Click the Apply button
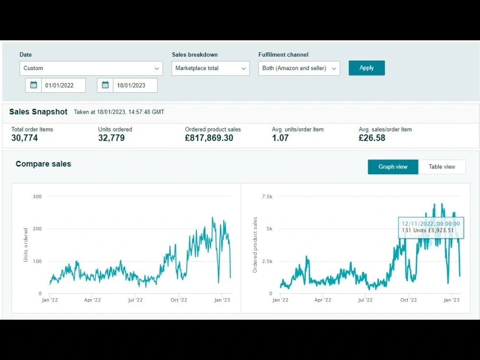[366, 68]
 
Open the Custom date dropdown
[91, 68]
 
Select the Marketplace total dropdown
[210, 68]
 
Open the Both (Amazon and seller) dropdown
[299, 68]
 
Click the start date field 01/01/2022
[63, 85]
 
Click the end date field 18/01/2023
[135, 85]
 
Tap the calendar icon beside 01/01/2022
[34, 85]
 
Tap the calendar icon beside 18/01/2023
[105, 85]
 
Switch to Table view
[442, 167]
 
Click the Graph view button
[393, 167]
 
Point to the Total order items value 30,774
[24, 138]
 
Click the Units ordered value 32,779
[111, 138]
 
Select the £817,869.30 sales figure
[209, 138]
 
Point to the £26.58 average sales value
[372, 138]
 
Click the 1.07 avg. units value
[280, 138]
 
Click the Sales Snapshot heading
[38, 112]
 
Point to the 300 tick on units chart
[37, 196]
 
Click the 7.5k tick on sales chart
[267, 196]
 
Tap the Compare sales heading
[43, 164]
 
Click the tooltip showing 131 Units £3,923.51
[431, 228]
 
